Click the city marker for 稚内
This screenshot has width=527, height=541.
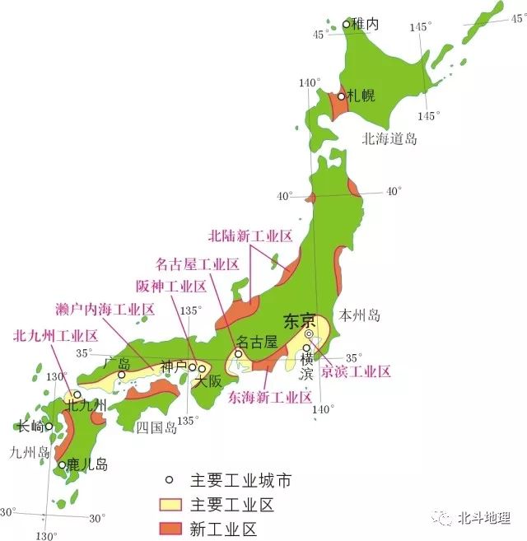(347, 25)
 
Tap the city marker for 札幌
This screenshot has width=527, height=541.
(341, 96)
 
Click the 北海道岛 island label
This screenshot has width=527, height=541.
(389, 139)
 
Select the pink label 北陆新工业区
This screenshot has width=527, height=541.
(250, 236)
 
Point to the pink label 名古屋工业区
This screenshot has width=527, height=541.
(198, 264)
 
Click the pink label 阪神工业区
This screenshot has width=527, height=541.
(171, 287)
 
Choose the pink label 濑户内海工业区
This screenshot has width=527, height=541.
(106, 310)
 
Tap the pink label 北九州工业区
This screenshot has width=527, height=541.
(55, 336)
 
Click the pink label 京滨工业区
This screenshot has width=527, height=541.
(356, 371)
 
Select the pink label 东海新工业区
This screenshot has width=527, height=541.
(269, 397)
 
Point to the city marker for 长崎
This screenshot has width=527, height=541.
(49, 427)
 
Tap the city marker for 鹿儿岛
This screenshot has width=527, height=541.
(62, 465)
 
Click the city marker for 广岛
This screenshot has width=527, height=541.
(121, 375)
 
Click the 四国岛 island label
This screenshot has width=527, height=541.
(155, 427)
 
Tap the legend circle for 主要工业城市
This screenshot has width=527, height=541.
(170, 480)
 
